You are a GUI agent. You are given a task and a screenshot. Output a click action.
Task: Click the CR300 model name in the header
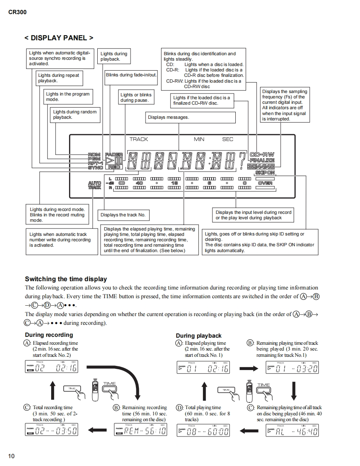17,12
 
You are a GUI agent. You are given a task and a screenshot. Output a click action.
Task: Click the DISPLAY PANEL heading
59,38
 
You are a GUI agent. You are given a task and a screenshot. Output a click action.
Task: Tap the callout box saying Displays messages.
168,117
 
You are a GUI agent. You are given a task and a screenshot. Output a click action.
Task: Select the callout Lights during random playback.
75,115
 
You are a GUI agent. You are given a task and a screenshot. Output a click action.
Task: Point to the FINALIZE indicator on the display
262,160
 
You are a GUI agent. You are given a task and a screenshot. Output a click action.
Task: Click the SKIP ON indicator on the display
265,172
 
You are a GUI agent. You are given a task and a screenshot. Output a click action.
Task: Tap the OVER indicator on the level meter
265,183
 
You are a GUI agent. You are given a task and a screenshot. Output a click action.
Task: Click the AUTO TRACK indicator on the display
94,185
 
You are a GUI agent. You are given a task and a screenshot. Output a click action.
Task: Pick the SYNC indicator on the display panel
95,167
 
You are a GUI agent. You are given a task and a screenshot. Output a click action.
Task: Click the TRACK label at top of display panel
138,140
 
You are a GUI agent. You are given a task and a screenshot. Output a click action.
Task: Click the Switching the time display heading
66,279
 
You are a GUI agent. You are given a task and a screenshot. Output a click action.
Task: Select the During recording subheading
49,335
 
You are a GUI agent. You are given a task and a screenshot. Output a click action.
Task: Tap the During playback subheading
199,336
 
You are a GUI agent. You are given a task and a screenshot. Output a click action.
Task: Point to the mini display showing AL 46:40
292,431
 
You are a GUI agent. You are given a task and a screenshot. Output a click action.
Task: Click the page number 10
11,456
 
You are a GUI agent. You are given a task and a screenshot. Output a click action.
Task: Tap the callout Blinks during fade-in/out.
131,75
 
